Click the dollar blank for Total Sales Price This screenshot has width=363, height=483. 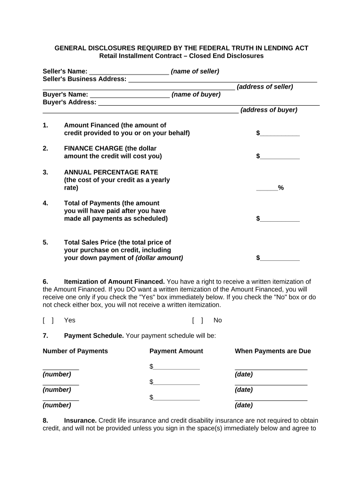(x=280, y=258)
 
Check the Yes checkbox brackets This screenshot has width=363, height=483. (x=48, y=320)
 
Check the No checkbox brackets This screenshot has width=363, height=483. (x=198, y=320)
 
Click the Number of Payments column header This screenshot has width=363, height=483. (x=75, y=351)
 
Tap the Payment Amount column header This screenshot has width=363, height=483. (x=176, y=351)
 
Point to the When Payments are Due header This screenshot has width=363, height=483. (x=272, y=351)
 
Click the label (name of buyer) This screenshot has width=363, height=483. (x=196, y=94)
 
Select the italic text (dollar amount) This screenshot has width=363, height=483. (x=159, y=258)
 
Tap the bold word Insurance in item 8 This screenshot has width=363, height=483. (x=80, y=420)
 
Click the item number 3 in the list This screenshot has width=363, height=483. (x=45, y=172)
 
